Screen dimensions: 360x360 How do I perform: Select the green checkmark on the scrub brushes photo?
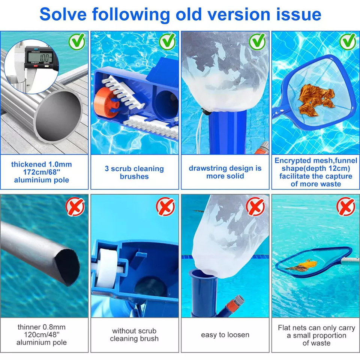pos(167,41)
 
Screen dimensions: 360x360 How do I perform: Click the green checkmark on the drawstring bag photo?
pos(257,41)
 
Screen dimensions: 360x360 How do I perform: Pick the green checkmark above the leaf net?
pos(347,41)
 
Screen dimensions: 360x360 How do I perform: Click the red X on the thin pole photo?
pos(75,207)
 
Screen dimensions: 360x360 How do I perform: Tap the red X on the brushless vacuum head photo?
pos(165,207)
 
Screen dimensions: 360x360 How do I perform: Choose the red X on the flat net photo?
pos(345,207)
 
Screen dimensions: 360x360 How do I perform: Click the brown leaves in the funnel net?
pos(314,99)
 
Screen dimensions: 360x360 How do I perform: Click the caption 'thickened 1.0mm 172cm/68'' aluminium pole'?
pos(41,172)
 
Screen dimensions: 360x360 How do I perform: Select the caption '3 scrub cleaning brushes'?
pos(134,172)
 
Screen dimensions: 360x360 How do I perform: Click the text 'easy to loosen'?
pos(225,335)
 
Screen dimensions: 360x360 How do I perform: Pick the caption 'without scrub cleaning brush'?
pos(134,335)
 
